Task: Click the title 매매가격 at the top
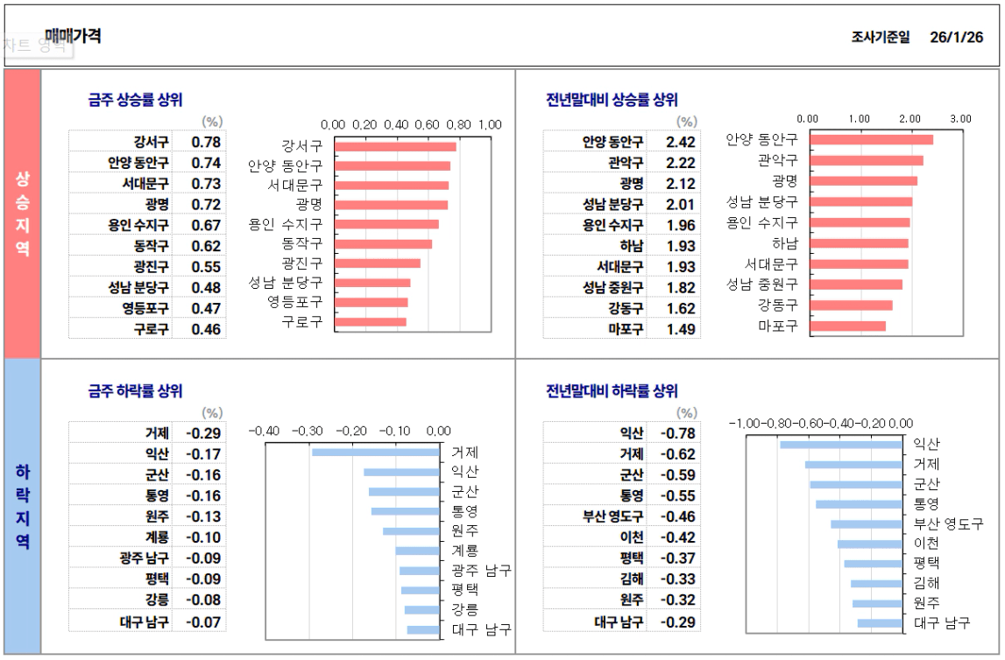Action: coord(73,36)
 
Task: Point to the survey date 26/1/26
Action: coord(957,38)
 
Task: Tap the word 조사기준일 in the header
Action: coord(880,38)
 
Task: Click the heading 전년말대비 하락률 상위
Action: coord(612,391)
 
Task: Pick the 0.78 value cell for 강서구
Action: coord(206,142)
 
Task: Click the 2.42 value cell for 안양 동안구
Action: coord(681,142)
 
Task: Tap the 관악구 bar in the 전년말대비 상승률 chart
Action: coord(866,160)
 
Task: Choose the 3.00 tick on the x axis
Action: coord(961,118)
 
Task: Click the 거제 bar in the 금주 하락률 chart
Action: coord(375,453)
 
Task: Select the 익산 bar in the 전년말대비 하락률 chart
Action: coord(840,445)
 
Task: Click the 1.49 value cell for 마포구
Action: coord(681,329)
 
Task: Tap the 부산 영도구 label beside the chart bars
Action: coord(947,523)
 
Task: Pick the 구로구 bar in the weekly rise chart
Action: coord(371,322)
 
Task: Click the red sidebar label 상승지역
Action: coord(23,214)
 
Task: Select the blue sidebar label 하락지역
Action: coord(23,506)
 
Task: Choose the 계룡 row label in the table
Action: coord(158,537)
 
